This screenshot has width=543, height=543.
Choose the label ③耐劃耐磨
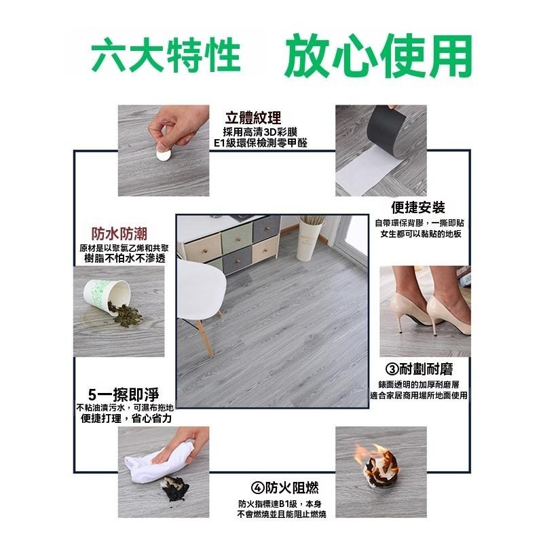click(x=419, y=369)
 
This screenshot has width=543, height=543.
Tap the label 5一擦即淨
click(x=124, y=394)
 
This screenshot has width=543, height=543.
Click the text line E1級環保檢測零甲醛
click(x=259, y=144)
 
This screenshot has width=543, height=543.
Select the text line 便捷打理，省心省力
click(x=126, y=419)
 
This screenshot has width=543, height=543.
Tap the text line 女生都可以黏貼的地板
click(x=421, y=234)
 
